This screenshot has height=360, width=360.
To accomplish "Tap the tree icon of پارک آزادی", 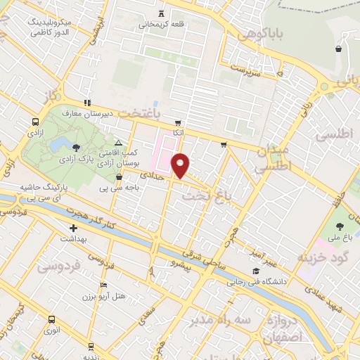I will (x=76, y=147).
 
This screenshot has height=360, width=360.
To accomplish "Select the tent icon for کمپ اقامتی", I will (x=118, y=142).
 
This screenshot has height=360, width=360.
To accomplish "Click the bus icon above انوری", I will (x=51, y=319).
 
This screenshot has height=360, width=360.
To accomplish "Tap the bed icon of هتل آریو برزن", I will (x=104, y=285).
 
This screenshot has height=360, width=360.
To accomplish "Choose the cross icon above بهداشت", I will (x=73, y=228).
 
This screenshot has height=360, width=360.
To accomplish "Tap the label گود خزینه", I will (x=323, y=257).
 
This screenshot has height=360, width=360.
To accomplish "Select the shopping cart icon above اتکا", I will (x=179, y=122).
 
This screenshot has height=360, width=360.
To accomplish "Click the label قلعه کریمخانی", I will (x=162, y=24).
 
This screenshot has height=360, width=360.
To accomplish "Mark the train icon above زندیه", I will (x=91, y=346).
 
